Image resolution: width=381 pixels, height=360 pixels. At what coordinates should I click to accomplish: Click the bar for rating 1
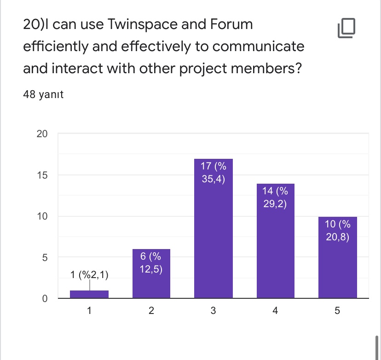point(89,294)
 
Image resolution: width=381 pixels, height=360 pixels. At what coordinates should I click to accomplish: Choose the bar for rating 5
point(337,257)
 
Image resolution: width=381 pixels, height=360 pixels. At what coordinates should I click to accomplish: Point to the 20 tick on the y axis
point(42,134)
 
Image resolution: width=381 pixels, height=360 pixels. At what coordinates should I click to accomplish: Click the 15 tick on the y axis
point(42,175)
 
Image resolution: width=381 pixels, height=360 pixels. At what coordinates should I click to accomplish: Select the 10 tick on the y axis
point(42,216)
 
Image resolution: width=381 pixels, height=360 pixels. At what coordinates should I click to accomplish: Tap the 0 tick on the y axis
point(45,298)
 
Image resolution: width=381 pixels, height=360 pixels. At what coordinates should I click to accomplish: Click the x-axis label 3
point(213,311)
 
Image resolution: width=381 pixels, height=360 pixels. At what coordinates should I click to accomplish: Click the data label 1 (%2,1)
point(90,275)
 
